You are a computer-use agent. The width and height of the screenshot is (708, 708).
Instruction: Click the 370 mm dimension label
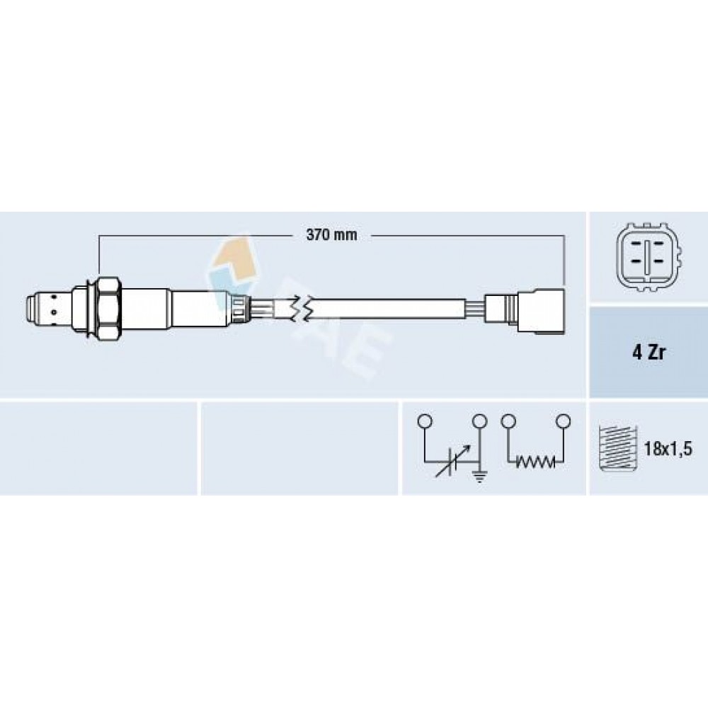pyautogui.click(x=331, y=235)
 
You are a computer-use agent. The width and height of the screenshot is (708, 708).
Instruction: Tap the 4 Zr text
pyautogui.click(x=649, y=352)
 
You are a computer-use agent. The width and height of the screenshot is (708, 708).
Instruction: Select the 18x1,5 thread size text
pyautogui.click(x=668, y=450)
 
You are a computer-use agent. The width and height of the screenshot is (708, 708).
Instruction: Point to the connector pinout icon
pyautogui.click(x=648, y=256)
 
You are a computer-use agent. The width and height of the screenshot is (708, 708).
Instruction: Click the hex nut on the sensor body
pyautogui.click(x=109, y=309)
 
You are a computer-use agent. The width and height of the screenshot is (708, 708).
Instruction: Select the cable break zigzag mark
pyautogui.click(x=301, y=309)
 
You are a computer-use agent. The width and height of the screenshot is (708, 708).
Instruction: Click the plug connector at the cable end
pyautogui.click(x=541, y=312)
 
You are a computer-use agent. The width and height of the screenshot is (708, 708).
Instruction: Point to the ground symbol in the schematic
pyautogui.click(x=479, y=476)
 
